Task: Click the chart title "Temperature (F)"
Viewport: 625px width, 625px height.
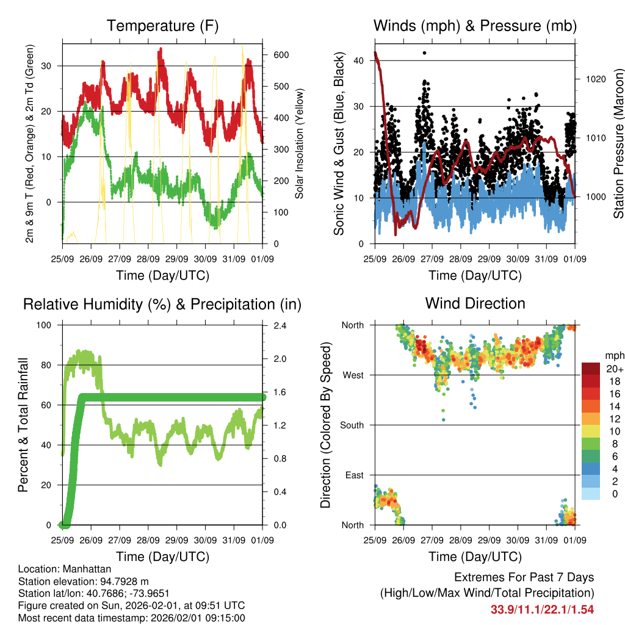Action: point(162,26)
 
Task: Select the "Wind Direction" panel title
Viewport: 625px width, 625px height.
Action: point(475,303)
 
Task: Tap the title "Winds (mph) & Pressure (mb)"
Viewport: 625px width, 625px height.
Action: point(475,26)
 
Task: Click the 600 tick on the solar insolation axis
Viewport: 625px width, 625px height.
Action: point(280,55)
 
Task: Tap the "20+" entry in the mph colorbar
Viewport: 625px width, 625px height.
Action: point(613,369)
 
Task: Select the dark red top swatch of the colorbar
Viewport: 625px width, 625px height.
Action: point(591,369)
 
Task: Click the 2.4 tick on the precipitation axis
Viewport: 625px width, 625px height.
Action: point(278,325)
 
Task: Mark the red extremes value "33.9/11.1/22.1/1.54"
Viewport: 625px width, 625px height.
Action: point(542,609)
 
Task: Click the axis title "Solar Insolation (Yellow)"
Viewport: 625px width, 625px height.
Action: point(299,144)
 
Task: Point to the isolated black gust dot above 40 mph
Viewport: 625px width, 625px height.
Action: point(424,53)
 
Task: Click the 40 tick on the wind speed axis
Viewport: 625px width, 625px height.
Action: point(359,60)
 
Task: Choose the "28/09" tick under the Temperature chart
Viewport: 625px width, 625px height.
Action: point(148,259)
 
